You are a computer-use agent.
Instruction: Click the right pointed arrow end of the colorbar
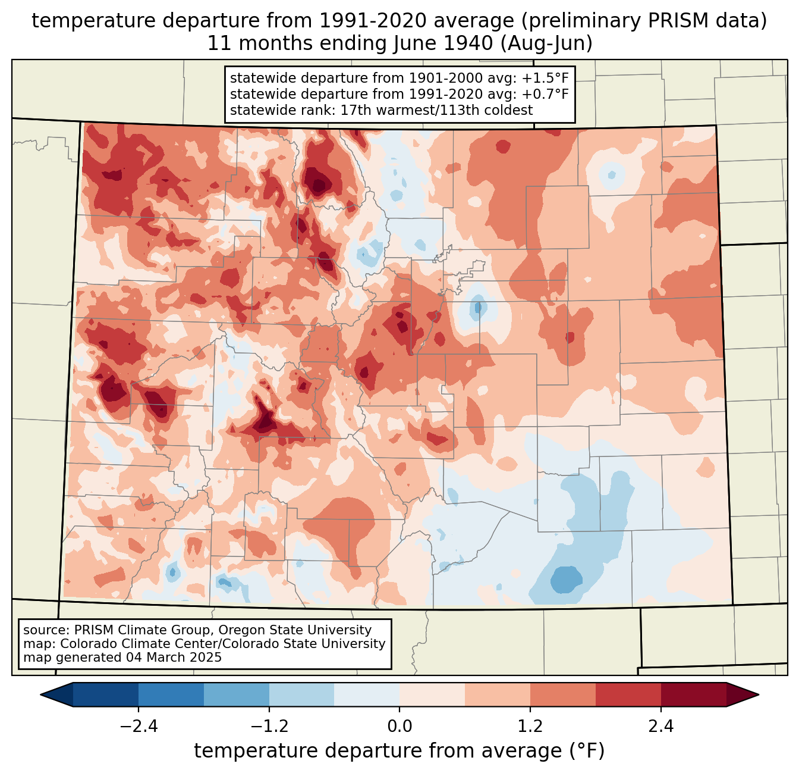click(x=743, y=695)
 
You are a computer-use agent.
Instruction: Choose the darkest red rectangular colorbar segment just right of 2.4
click(x=694, y=695)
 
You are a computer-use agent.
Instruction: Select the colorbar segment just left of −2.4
click(x=106, y=695)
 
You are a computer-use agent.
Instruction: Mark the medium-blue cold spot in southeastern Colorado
click(x=566, y=580)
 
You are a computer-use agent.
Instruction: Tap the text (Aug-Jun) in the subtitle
click(x=546, y=43)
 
